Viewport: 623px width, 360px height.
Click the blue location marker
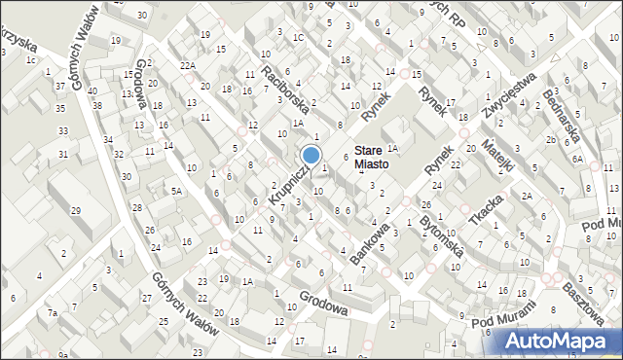[311, 155]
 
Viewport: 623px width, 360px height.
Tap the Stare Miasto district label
[371, 158]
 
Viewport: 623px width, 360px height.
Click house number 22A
[187, 65]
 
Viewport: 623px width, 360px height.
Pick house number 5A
[176, 192]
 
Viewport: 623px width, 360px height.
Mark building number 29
[76, 210]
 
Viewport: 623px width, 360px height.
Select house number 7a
[55, 313]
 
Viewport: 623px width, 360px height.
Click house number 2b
[551, 140]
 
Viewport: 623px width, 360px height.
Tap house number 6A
[577, 158]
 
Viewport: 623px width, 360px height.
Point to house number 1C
[299, 38]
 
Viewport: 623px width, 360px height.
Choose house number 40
[92, 91]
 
